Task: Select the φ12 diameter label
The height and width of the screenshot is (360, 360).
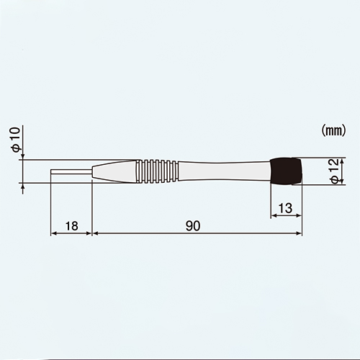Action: click(333, 171)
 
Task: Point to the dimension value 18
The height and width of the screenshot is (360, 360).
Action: click(71, 225)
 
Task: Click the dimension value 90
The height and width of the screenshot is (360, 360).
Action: click(192, 225)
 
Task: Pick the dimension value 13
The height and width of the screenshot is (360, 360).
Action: click(285, 208)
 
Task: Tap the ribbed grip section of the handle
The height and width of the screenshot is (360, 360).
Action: click(158, 171)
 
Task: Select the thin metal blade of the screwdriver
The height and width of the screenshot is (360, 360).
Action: click(71, 172)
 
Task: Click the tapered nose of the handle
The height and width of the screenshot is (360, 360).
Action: click(115, 171)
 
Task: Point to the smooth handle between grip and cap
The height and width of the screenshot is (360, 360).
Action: click(223, 171)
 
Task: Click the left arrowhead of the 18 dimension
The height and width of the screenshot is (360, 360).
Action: click(53, 233)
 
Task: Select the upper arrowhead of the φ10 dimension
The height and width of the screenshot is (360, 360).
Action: click(23, 156)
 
